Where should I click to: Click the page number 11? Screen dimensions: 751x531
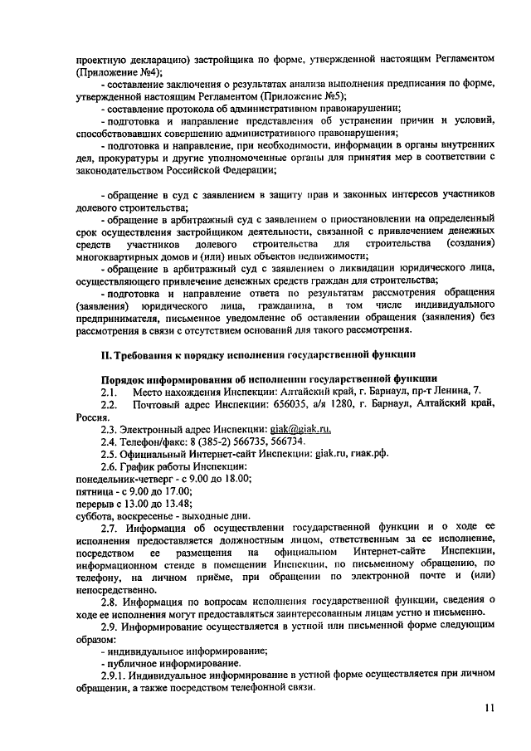coord(490,708)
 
